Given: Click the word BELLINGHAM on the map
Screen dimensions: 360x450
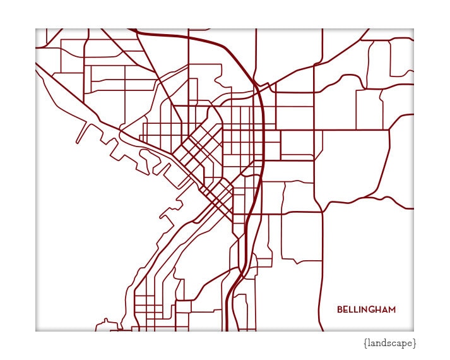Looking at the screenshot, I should click(366, 309).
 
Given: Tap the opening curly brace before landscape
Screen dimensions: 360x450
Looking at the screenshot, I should click(365, 343).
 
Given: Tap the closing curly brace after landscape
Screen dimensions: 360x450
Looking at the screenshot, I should click(415, 343).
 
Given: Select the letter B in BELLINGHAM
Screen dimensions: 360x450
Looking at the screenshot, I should click(340, 309).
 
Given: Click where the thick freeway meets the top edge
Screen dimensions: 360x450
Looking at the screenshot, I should click(134, 30).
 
